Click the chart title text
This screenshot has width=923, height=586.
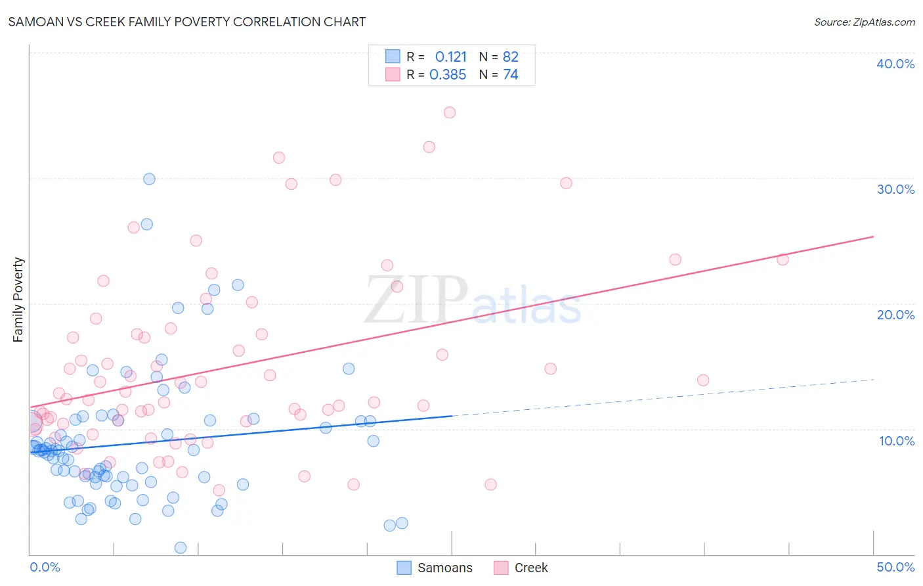(x=187, y=22)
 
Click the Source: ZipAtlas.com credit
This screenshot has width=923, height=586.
(x=864, y=22)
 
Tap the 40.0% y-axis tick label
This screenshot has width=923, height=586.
(x=895, y=64)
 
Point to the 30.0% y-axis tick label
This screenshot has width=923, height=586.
(x=895, y=189)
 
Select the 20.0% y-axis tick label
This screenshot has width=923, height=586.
(x=895, y=315)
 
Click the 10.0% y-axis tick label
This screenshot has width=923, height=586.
(x=896, y=441)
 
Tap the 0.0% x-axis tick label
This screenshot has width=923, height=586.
(x=45, y=567)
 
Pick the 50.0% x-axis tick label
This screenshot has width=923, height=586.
(x=895, y=567)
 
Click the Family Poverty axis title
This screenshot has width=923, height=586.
(x=18, y=300)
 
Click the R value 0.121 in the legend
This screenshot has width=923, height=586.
(x=450, y=57)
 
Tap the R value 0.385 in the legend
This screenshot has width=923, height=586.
(x=448, y=75)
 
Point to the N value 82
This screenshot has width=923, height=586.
(x=510, y=57)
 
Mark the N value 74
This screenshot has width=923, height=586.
(x=510, y=75)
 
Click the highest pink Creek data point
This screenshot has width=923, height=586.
(x=450, y=112)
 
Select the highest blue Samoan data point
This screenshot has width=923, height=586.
(x=149, y=179)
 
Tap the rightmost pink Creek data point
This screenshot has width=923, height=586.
(x=783, y=259)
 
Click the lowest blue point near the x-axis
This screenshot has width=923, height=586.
(x=181, y=548)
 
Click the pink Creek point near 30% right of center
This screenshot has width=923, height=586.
(x=566, y=183)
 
